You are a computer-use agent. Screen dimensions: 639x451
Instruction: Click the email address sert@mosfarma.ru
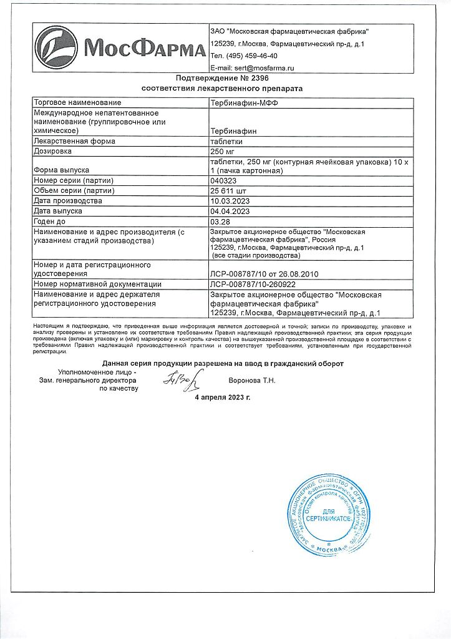[x=252, y=67]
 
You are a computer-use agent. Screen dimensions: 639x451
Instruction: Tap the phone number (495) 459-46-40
[x=244, y=56]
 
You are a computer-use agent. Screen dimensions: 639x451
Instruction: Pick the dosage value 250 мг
[x=225, y=151]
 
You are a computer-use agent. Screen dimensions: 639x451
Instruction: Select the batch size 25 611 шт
[x=230, y=191]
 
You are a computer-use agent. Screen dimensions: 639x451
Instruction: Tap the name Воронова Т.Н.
[x=252, y=380]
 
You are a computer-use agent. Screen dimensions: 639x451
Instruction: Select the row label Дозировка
[x=54, y=151]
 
